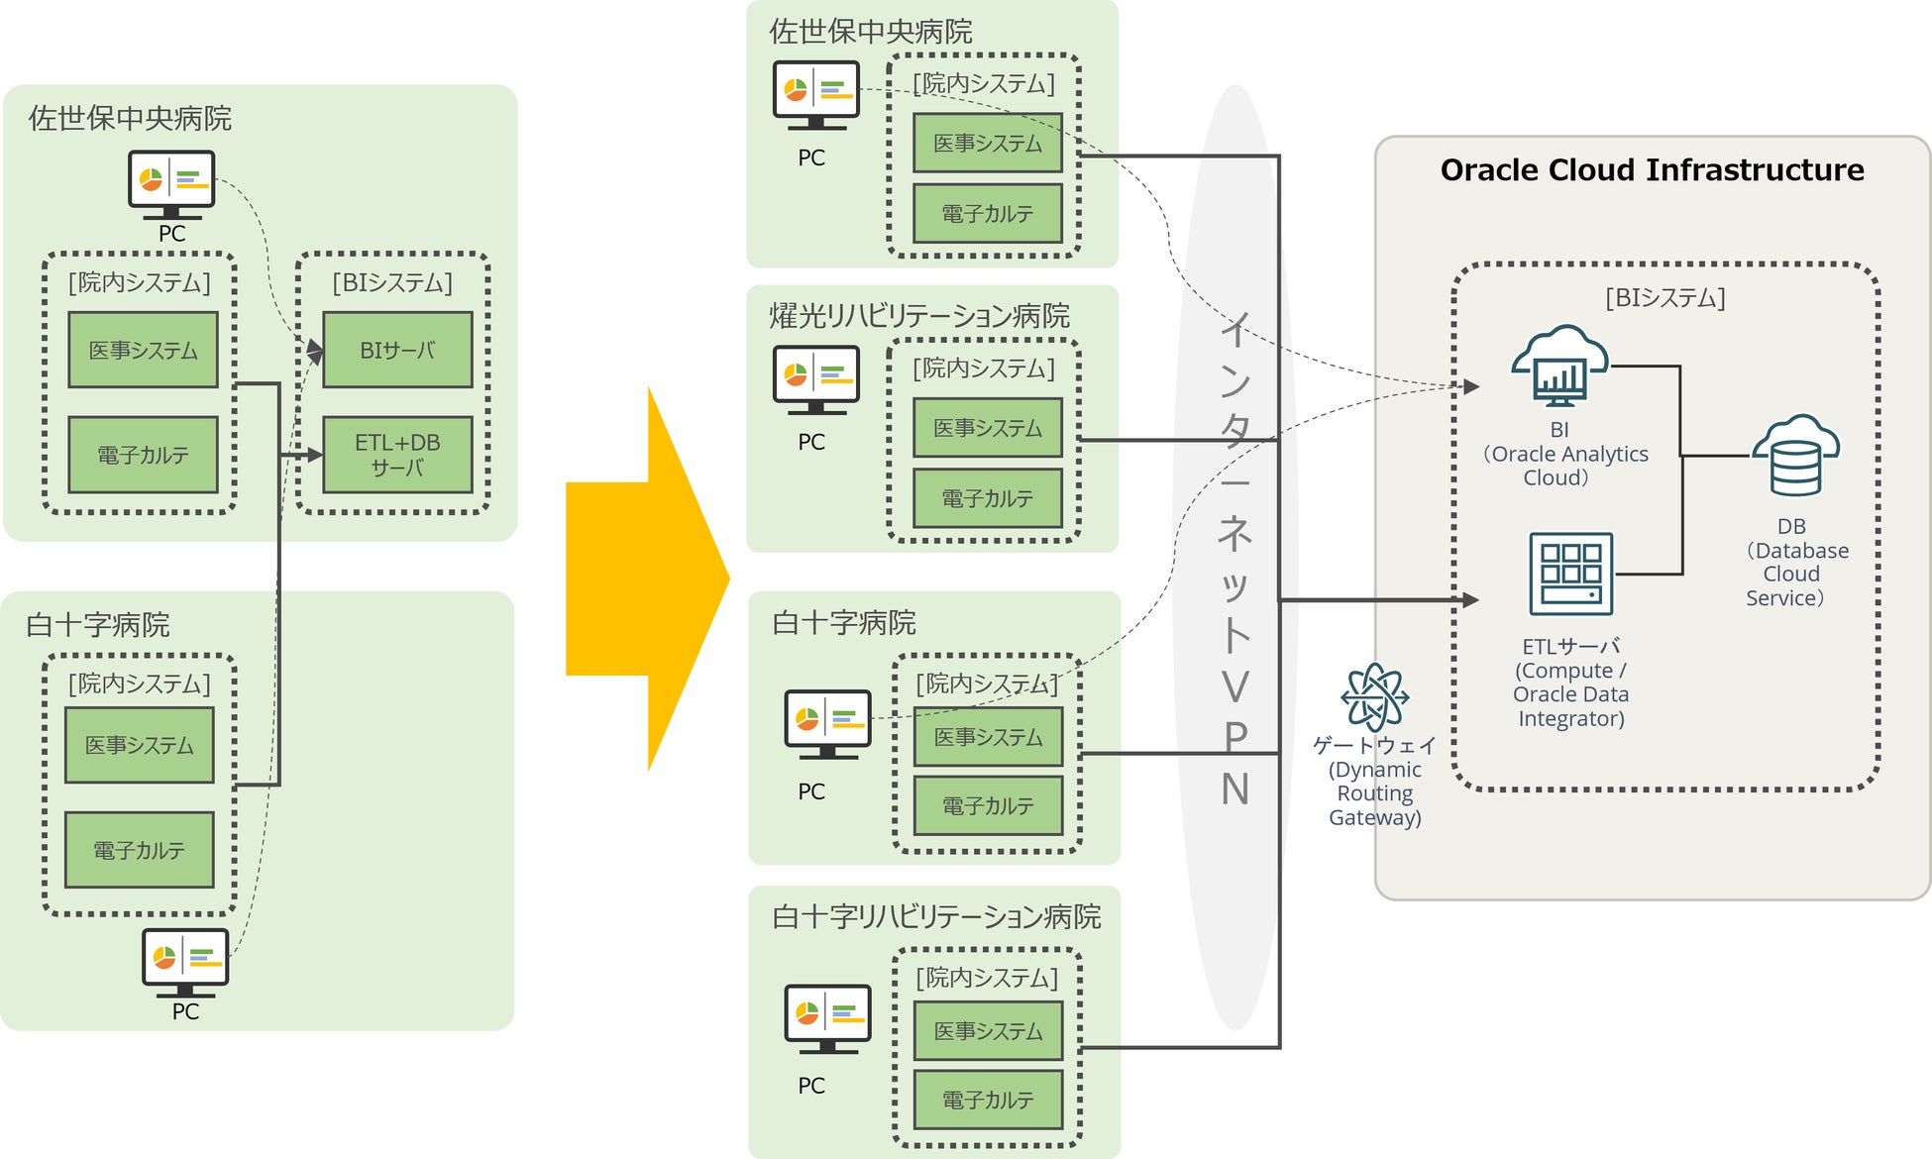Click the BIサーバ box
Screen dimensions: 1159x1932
397,350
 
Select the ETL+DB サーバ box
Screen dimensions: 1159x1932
397,455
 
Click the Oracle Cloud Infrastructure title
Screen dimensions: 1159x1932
1652,170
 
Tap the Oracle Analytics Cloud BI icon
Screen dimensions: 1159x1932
1559,367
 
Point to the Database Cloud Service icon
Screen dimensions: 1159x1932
1795,457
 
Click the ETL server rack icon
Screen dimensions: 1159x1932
1570,574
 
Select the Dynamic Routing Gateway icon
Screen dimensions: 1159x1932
1374,696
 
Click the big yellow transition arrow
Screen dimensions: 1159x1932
647,579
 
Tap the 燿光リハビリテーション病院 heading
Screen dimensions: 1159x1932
919,316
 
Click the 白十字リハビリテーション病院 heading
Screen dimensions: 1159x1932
936,917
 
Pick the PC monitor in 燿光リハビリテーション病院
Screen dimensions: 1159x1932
815,379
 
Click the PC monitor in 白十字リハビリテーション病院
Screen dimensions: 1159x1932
827,1018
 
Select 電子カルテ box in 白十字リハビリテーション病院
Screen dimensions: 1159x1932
988,1100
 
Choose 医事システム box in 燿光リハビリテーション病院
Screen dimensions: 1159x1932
988,428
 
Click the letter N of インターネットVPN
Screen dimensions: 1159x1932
1234,790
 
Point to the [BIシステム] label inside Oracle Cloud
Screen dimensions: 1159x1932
1665,297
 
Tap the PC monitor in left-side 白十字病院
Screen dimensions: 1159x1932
185,962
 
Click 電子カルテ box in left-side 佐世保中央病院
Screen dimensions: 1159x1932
143,455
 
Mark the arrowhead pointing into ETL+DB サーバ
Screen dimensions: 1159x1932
314,455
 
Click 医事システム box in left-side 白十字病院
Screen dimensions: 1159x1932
140,745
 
